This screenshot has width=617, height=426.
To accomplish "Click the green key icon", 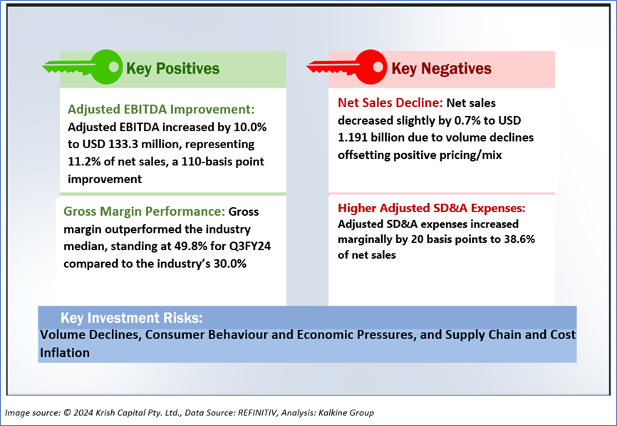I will click(x=82, y=67).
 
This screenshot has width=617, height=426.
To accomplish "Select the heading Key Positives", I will click(x=172, y=68).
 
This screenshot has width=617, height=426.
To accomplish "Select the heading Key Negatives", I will click(x=442, y=68).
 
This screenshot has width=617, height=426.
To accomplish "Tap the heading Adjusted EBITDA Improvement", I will click(x=160, y=110).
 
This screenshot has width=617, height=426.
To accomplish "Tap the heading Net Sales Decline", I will click(x=390, y=103).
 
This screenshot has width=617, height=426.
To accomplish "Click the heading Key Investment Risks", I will click(x=132, y=318).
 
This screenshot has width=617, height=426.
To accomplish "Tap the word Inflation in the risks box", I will click(x=65, y=352).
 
